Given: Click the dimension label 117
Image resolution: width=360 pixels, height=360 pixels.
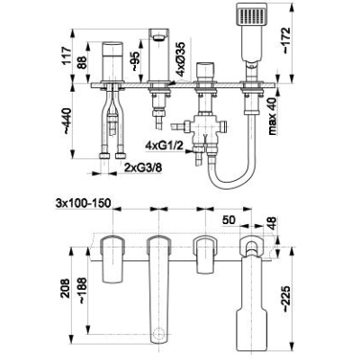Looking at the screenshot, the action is tap(67, 56).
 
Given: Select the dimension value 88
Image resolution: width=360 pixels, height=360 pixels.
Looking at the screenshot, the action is tap(83, 63).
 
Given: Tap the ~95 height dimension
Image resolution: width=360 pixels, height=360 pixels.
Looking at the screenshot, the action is tap(135, 61).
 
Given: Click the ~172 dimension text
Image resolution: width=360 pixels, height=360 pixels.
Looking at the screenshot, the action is tap(286, 40).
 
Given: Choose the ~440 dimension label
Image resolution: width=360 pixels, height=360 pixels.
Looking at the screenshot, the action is tap(67, 121).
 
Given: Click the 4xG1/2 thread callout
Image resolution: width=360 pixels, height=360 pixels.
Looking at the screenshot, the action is tap(163, 146).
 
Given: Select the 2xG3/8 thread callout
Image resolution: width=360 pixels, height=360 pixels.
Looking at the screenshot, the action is tap(143, 167).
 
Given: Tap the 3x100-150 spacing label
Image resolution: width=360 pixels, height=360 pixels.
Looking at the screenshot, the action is tap(83, 203).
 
